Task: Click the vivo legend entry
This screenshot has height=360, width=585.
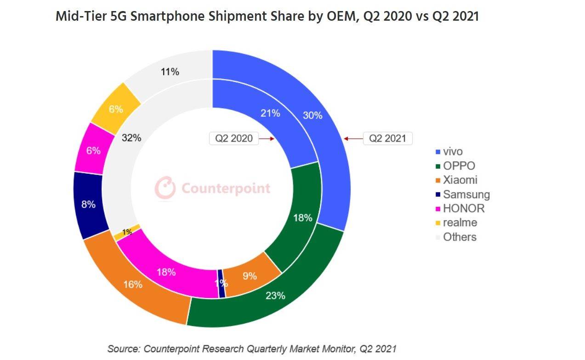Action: (452, 152)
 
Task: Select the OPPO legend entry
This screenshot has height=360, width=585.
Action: (459, 166)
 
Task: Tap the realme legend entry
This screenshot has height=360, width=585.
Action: (460, 223)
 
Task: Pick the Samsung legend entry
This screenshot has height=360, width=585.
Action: (466, 194)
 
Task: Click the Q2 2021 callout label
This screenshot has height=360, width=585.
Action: (387, 138)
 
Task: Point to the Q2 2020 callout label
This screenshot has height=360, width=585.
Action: (233, 138)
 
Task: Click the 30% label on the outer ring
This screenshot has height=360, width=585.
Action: (312, 115)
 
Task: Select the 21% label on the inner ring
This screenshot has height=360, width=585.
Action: (270, 113)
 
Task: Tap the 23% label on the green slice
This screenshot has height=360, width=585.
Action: (275, 296)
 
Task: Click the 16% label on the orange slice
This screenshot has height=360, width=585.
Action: (133, 285)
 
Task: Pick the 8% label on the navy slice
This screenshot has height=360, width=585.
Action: (88, 205)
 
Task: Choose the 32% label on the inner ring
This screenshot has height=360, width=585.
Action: (131, 137)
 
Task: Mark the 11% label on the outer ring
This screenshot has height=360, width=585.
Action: (170, 72)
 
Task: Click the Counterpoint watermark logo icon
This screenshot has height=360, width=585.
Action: (165, 188)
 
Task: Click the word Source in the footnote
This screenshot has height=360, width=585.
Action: (123, 349)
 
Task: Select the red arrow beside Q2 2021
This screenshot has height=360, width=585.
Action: (352, 138)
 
